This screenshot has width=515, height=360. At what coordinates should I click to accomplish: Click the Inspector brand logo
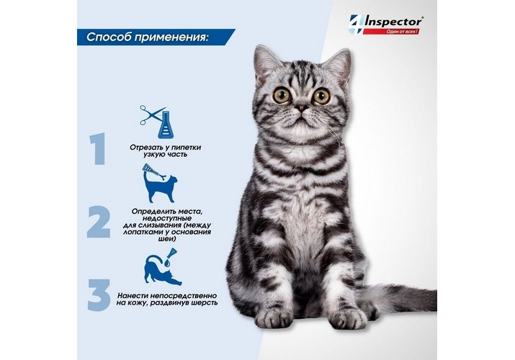[x=385, y=24]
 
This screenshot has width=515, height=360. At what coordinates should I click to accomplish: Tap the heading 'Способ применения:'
[x=148, y=37]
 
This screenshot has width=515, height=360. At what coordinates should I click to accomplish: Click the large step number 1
[x=97, y=148]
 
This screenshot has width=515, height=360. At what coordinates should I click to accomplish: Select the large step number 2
[x=99, y=222]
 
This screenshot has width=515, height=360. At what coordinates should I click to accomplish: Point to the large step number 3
[x=99, y=294]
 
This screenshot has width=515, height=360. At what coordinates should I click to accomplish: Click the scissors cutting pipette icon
[x=157, y=122]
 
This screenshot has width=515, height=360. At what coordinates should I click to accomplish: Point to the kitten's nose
[x=301, y=107]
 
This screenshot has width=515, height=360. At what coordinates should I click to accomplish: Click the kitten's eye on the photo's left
[x=282, y=95]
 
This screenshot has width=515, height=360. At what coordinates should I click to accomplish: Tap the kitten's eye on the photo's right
[x=321, y=96]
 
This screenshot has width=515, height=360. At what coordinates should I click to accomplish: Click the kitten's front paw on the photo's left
[x=273, y=317]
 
